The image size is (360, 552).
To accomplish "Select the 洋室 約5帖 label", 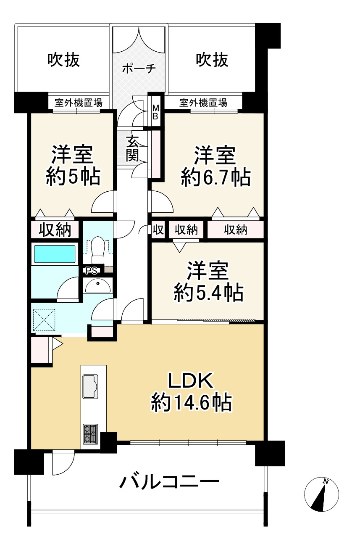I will pyautogui.click(x=73, y=166).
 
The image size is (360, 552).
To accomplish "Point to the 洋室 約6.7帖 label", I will pyautogui.click(x=215, y=166).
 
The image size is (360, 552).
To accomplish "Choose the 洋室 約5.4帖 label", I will pyautogui.click(x=208, y=281).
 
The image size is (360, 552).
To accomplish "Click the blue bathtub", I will pyautogui.click(x=55, y=254).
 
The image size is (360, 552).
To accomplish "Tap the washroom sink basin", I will pyautogui.click(x=98, y=285).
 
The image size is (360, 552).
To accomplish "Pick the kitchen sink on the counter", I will pyautogui.click(x=91, y=386).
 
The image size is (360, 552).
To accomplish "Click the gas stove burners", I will pyautogui.click(x=91, y=434).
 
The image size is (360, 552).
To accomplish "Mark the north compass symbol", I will pyautogui.click(x=321, y=495).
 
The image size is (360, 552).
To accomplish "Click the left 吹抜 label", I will pyautogui.click(x=63, y=60).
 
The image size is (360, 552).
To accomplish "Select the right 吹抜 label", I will pyautogui.click(x=212, y=60).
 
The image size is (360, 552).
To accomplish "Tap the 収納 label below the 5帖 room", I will pyautogui.click(x=54, y=230).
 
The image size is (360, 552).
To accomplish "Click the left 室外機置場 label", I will pyautogui.click(x=76, y=102).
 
